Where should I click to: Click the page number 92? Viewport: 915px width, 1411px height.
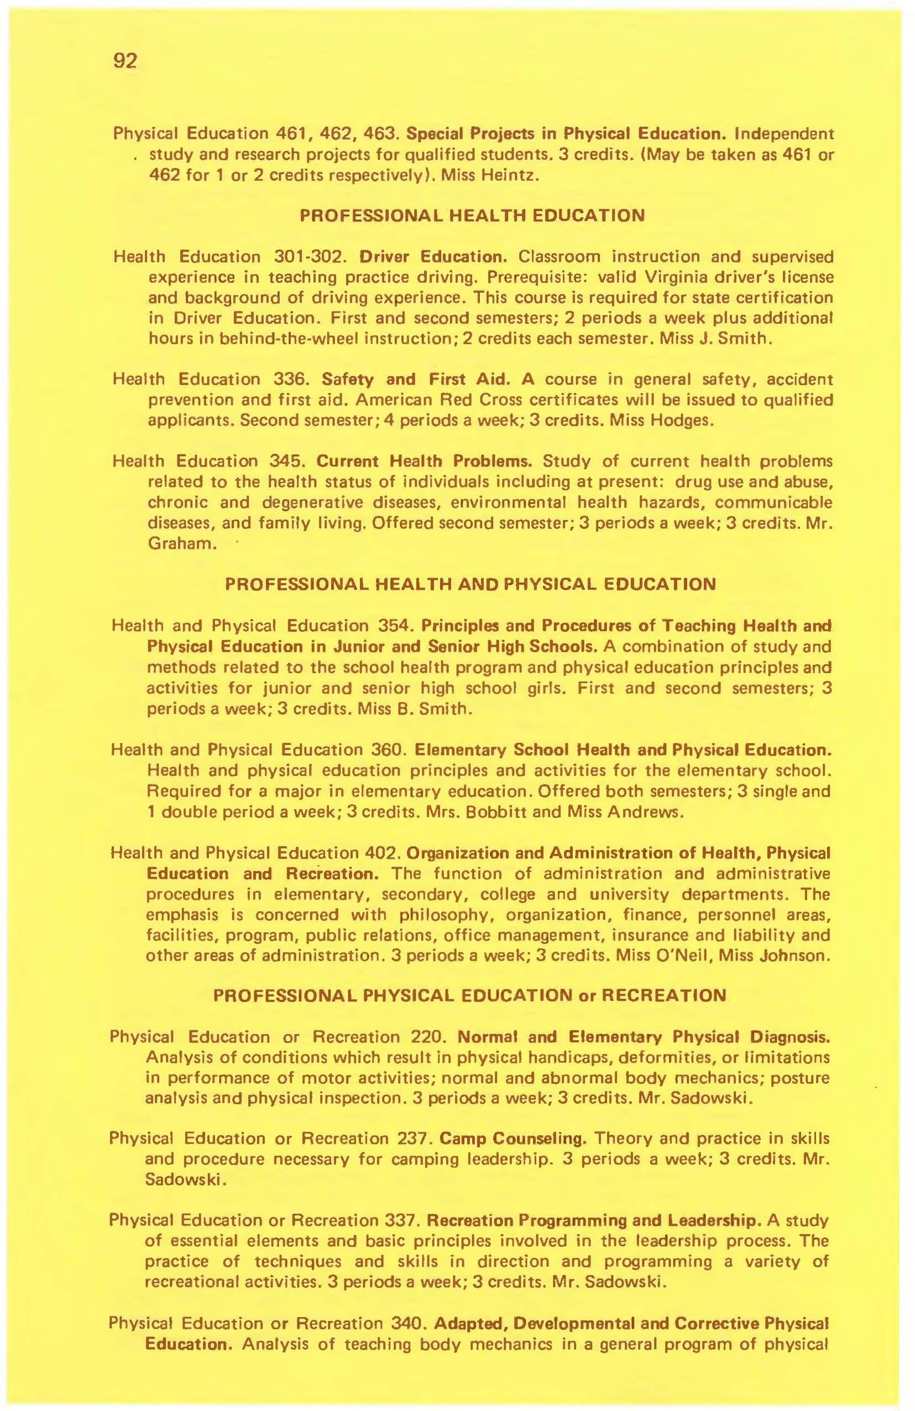click(x=124, y=61)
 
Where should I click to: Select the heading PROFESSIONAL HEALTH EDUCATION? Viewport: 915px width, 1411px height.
click(x=472, y=215)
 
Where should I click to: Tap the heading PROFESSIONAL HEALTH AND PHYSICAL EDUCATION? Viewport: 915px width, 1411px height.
click(x=470, y=585)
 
